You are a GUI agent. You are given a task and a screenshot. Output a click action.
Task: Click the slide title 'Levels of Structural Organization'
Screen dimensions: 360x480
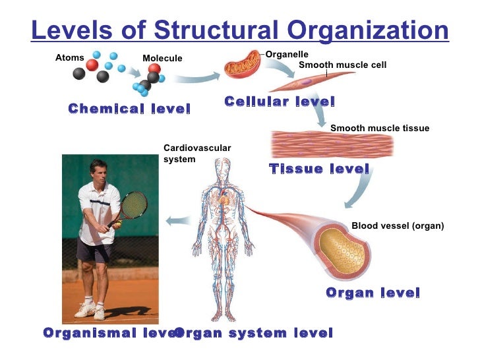point(240,30)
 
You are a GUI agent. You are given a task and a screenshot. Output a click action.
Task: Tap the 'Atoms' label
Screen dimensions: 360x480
point(69,58)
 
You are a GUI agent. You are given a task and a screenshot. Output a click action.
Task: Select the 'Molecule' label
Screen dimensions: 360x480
point(162,59)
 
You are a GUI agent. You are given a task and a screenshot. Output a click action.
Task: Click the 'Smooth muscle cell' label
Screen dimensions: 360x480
point(342,65)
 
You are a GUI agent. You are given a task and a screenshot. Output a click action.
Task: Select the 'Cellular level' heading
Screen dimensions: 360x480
point(280,102)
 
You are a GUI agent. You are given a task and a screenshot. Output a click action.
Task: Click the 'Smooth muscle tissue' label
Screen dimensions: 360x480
point(379,129)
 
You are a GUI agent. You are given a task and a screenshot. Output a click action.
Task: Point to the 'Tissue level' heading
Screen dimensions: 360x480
point(319,169)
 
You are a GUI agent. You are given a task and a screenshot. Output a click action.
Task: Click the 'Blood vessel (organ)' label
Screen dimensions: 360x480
point(398,226)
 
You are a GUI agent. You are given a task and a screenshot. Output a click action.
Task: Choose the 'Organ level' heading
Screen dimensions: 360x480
point(373,293)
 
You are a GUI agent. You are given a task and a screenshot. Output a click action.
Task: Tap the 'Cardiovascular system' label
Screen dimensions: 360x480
point(196,154)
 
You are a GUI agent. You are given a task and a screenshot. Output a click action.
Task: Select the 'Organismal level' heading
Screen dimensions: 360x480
point(109,333)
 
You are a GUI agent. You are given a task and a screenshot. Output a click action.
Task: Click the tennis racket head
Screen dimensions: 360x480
point(135,205)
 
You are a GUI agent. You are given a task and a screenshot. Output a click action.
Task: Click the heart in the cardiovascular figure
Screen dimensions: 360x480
point(224,197)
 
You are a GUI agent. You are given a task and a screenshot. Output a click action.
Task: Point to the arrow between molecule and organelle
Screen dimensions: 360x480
point(197,78)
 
